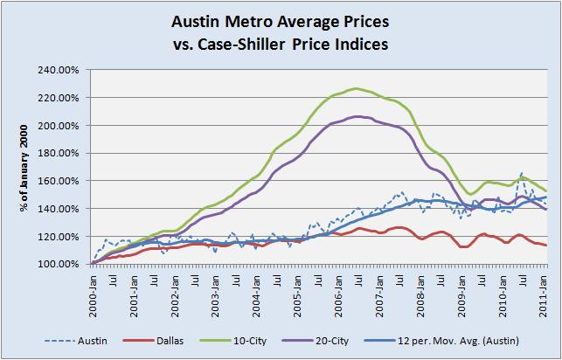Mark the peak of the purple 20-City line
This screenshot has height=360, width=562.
pyautogui.click(x=357, y=116)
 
